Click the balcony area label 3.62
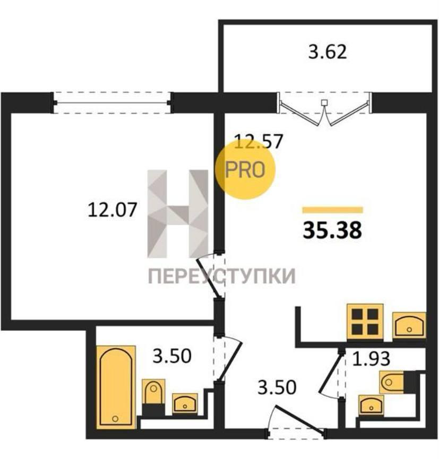[328, 52]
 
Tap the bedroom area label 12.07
[113, 210]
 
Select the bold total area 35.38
[332, 230]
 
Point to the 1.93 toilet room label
[371, 359]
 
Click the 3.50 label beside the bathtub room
[172, 356]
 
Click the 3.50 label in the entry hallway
[277, 387]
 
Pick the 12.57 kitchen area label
[259, 141]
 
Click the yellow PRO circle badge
[245, 169]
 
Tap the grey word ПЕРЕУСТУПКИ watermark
[222, 276]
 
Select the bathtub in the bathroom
[116, 387]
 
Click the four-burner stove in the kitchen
[365, 322]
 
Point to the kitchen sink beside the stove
[409, 325]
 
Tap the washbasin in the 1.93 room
[371, 405]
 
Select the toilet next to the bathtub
[153, 397]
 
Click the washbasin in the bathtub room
[185, 403]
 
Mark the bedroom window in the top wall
[112, 103]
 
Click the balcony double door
[324, 109]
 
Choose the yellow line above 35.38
[333, 210]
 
